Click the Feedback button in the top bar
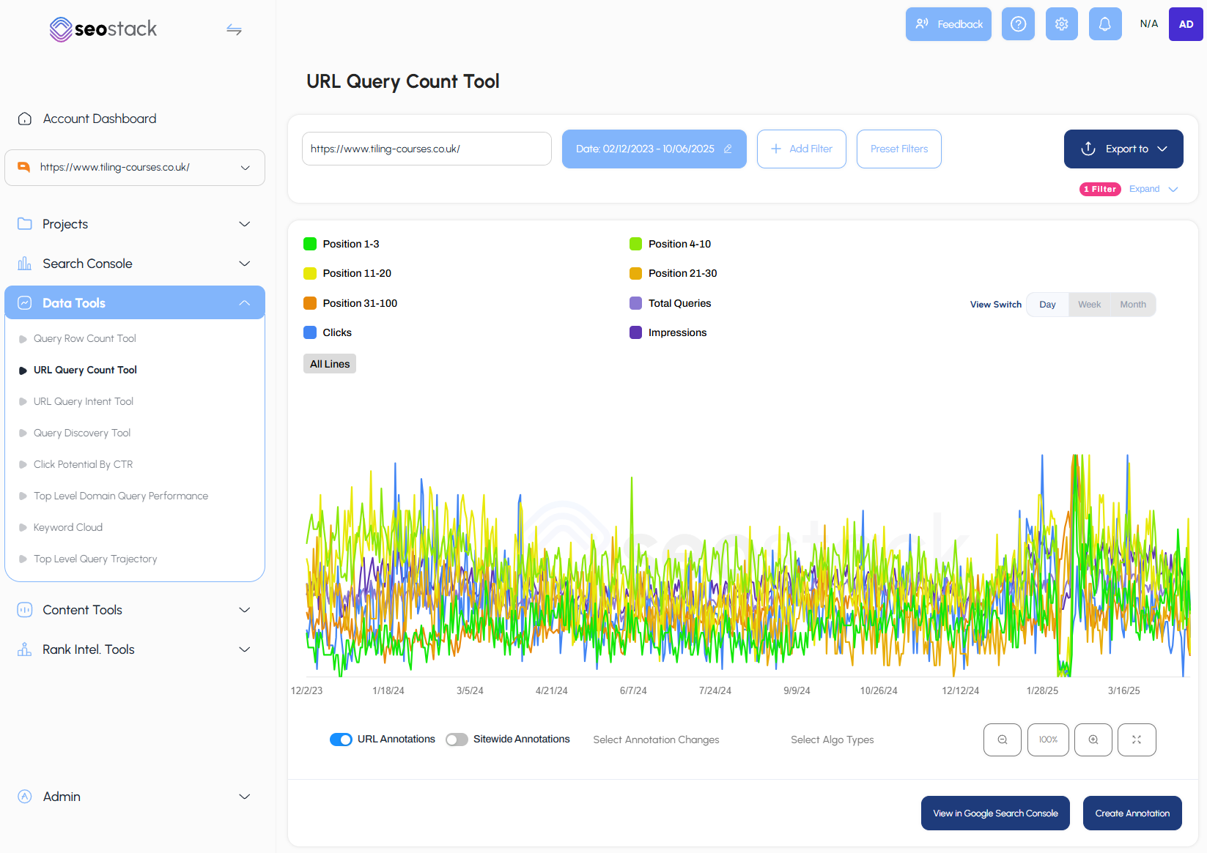click(x=948, y=24)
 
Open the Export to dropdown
click(x=1123, y=149)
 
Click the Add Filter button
click(x=801, y=149)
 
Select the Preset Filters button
click(x=898, y=149)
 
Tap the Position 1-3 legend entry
click(x=342, y=244)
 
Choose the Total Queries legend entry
click(x=670, y=303)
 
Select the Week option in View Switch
click(x=1089, y=305)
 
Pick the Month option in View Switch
click(x=1132, y=305)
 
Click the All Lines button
click(x=330, y=364)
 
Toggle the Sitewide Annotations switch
click(x=457, y=740)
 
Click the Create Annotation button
click(x=1132, y=813)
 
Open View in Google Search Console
click(x=995, y=813)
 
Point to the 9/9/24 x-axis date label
click(x=797, y=690)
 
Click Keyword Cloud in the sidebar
click(x=68, y=527)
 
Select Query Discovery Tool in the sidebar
click(x=82, y=433)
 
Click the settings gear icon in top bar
click(x=1061, y=24)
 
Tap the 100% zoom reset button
click(x=1048, y=740)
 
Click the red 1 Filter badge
click(x=1100, y=189)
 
